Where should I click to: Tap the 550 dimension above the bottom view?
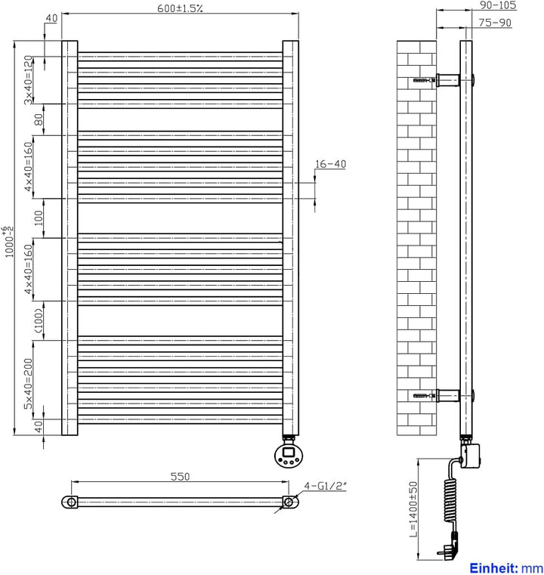click(x=179, y=476)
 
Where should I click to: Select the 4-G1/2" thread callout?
click(x=325, y=486)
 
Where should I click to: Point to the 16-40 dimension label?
click(x=329, y=164)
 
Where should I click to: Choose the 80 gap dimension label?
click(x=35, y=119)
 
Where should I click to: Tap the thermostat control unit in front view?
click(x=289, y=455)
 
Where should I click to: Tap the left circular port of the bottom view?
click(x=71, y=502)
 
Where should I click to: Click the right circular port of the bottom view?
click(x=288, y=502)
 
